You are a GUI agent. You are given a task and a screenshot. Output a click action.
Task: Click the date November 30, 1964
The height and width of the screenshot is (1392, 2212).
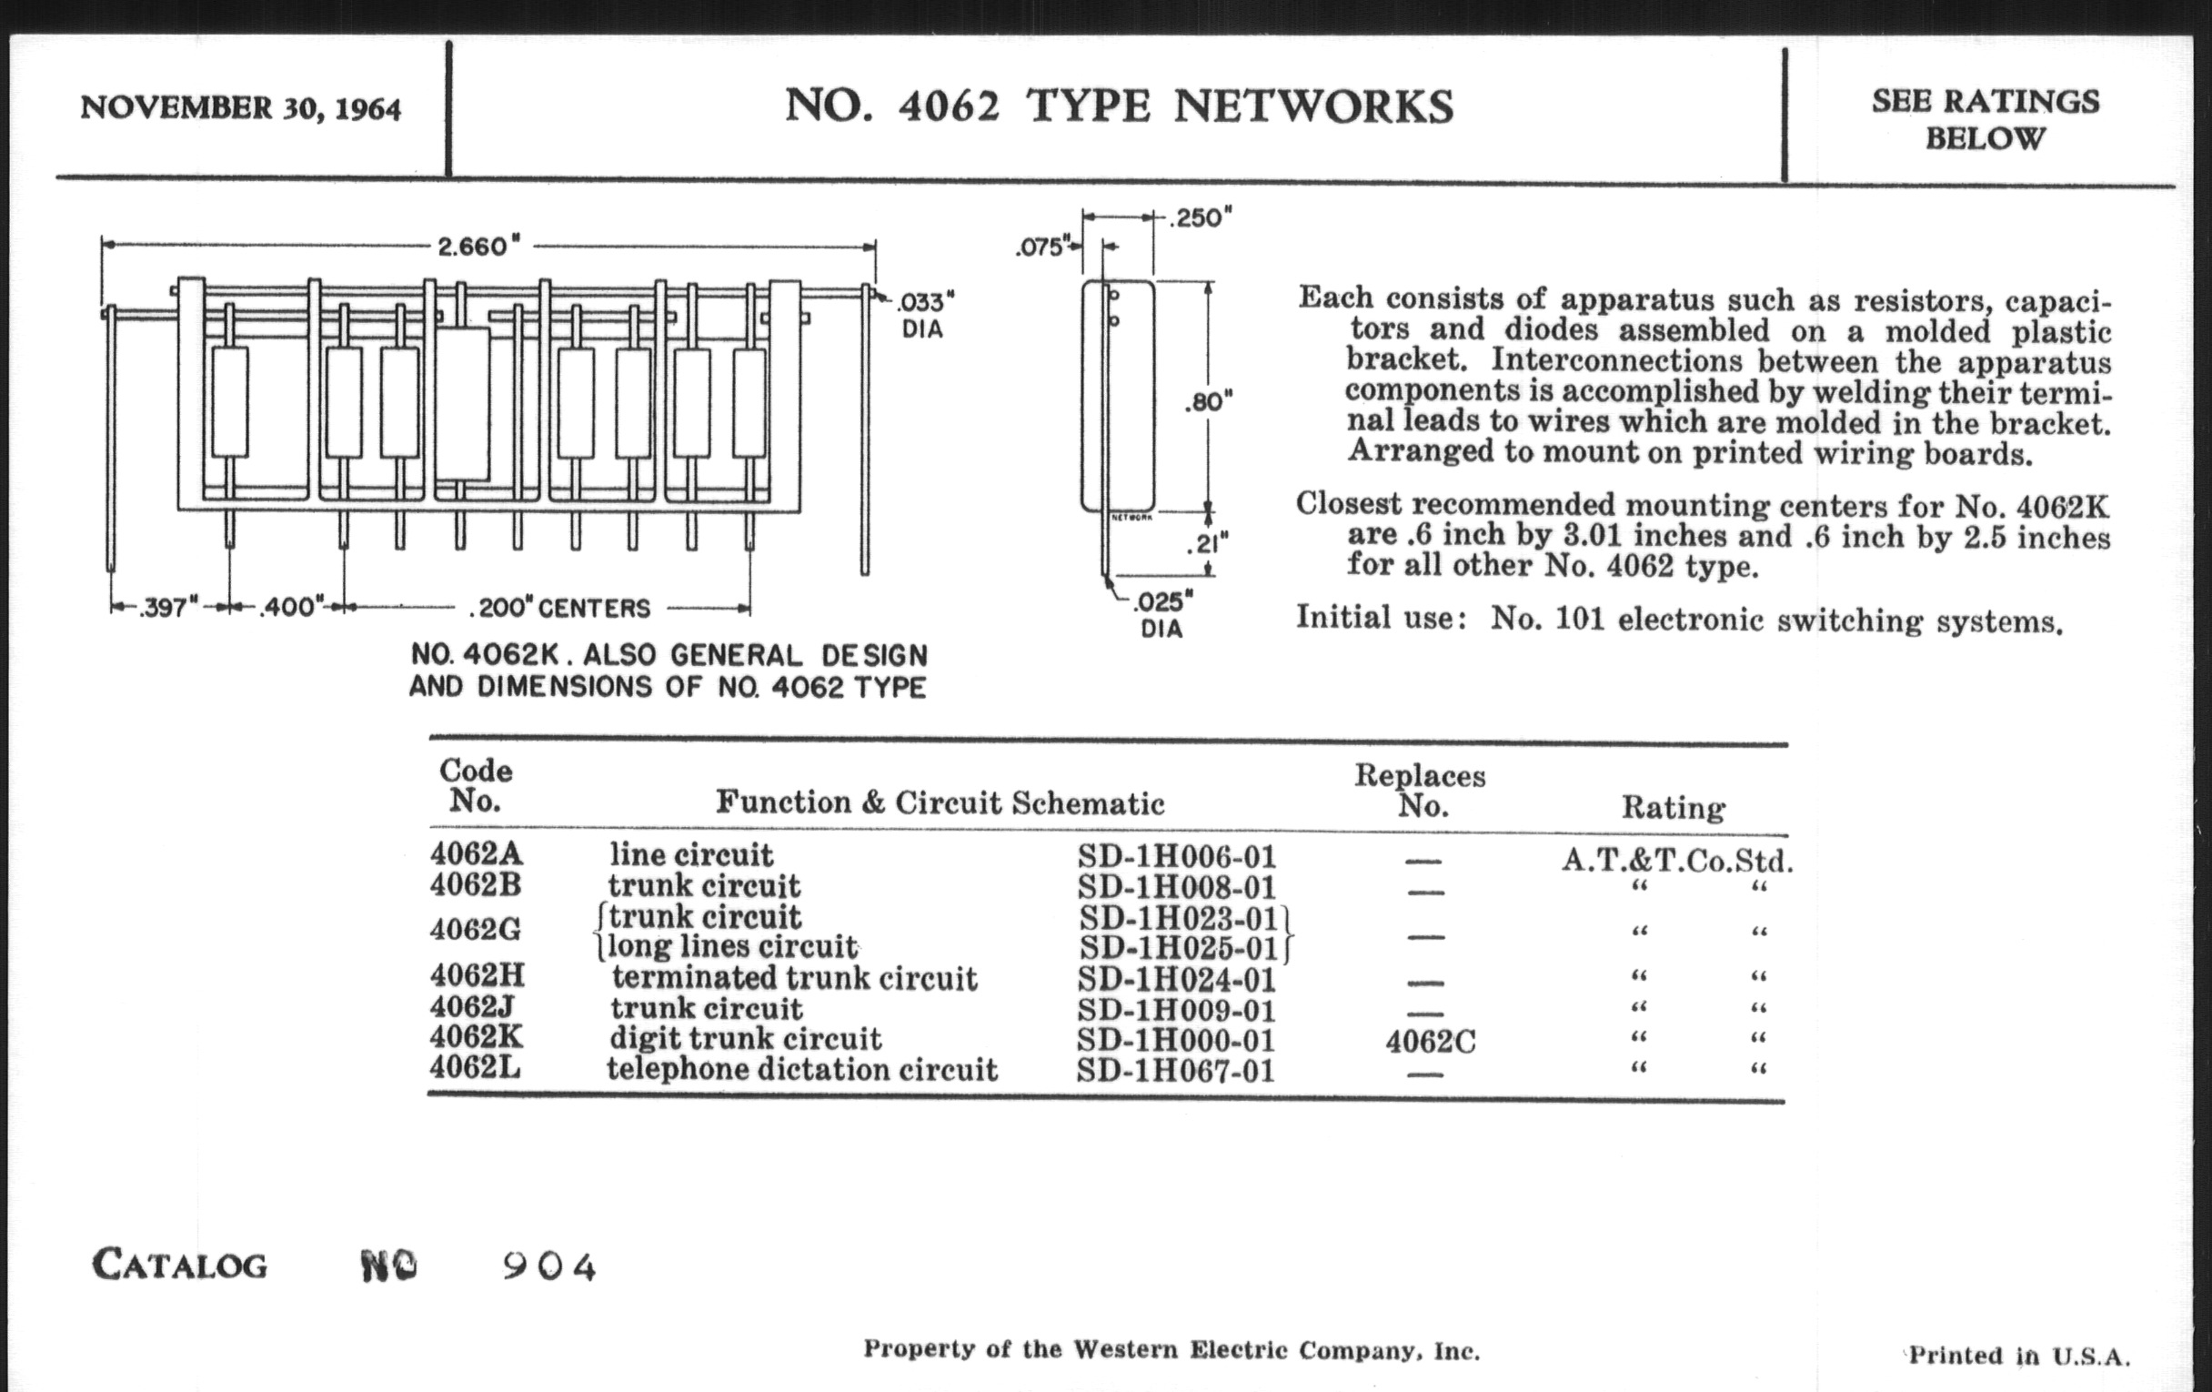coord(241,108)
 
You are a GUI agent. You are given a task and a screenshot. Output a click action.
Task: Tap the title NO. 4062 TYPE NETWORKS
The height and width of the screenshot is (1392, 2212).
coord(1119,106)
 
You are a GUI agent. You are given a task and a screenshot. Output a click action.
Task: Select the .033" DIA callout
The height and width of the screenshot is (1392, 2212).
coord(923,314)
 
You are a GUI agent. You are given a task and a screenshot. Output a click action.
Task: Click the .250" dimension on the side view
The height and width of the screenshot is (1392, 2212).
coord(1200,217)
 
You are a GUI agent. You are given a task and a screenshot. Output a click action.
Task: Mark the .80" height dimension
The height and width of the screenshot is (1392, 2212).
coord(1208,401)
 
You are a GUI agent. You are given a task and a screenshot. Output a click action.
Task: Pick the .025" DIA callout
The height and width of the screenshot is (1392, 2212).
coord(1161,615)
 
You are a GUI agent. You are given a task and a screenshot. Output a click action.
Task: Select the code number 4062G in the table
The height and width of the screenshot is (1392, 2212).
coord(475,930)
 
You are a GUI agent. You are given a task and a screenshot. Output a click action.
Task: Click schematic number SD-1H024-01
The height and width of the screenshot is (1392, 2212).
coord(1177,980)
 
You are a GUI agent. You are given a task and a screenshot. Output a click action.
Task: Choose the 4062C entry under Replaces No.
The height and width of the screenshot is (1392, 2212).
coord(1431,1042)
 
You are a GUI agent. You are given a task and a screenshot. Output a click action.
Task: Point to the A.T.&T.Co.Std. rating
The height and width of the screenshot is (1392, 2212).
coord(1677,860)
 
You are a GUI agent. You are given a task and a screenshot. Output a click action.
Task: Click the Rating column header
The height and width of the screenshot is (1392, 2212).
coord(1673,808)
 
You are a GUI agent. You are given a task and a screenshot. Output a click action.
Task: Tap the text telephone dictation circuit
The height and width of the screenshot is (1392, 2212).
coord(801,1070)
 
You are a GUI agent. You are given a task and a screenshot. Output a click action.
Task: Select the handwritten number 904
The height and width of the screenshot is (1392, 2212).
coord(549,1267)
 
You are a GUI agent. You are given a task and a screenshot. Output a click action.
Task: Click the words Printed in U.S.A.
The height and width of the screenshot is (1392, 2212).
coord(2019,1357)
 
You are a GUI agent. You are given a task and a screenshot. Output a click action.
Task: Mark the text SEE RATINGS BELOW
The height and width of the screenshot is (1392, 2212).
coord(1986,119)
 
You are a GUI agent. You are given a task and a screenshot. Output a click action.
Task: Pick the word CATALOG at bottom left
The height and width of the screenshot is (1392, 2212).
coord(180,1266)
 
